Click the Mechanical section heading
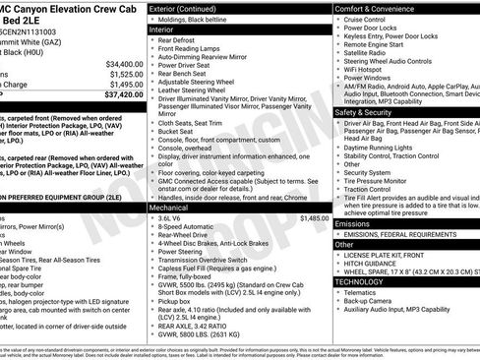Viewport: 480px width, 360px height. point(174,209)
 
